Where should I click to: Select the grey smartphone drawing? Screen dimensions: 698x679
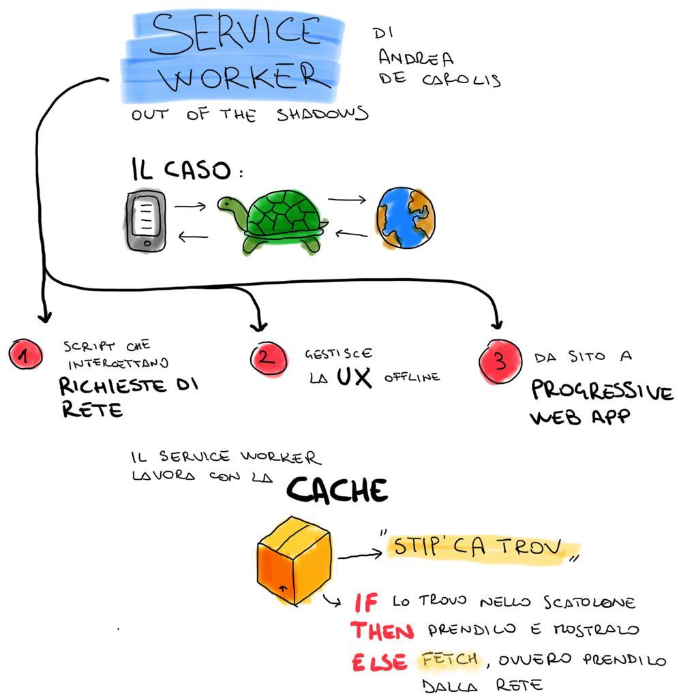145,221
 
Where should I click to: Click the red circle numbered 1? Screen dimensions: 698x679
26,355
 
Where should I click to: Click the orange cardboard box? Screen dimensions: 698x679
294,560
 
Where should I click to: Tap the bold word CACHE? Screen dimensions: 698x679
337,489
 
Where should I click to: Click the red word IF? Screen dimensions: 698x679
367,603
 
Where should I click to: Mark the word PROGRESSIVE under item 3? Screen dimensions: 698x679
602,391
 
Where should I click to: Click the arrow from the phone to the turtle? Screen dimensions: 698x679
190,205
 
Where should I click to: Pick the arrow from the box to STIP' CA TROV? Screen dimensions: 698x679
359,556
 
